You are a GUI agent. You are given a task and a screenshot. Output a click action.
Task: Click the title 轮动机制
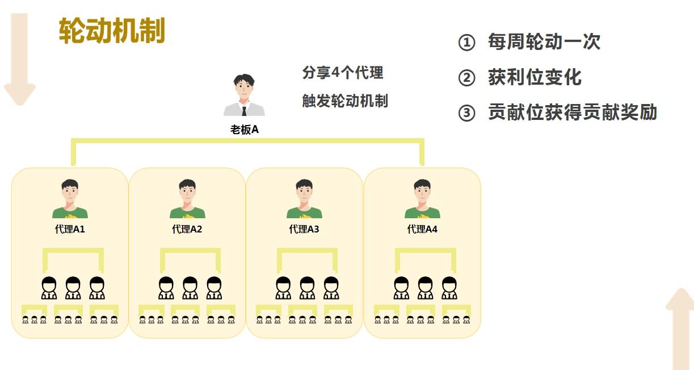coord(112,31)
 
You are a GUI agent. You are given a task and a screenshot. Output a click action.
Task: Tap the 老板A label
coord(244,130)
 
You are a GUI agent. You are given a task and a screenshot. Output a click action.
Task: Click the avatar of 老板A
coord(244,96)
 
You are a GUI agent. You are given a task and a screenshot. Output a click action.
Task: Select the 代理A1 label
coord(70,230)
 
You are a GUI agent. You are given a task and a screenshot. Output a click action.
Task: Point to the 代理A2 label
coord(187,230)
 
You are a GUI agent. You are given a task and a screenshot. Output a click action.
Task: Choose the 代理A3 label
coord(304,230)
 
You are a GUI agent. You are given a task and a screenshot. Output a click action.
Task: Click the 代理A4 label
coord(422,230)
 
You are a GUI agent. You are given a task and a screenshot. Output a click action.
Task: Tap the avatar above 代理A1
coord(70,199)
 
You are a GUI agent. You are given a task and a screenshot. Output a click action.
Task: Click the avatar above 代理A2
coord(187,199)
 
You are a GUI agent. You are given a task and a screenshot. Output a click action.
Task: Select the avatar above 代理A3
coord(305,199)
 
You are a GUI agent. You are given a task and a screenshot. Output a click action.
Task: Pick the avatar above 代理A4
coord(422,199)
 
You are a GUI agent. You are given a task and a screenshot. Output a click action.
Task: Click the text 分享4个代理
coord(343,73)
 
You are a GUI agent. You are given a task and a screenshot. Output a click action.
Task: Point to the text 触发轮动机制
coord(345,101)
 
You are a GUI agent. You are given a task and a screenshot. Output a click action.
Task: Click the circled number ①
coord(466,43)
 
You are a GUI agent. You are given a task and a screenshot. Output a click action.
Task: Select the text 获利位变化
coord(535,78)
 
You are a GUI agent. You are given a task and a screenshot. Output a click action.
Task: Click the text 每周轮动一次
coord(544,42)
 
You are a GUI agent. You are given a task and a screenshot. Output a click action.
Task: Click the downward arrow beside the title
coord(20,60)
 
